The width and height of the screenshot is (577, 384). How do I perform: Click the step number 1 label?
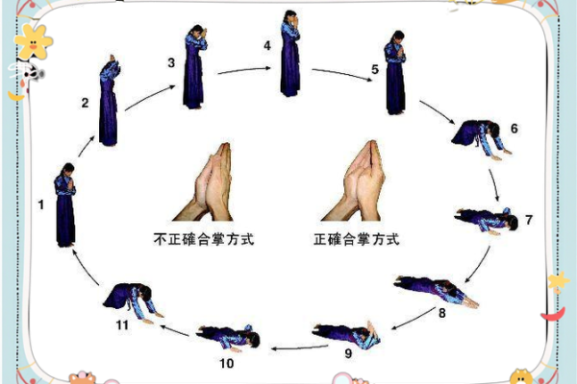tap(40, 204)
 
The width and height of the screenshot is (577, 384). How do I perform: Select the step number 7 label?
tap(528, 220)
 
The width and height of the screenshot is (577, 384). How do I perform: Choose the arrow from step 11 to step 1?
tap(88, 268)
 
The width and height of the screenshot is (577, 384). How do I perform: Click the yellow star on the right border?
tap(557, 281)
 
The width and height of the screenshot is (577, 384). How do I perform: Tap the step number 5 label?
tap(375, 70)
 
